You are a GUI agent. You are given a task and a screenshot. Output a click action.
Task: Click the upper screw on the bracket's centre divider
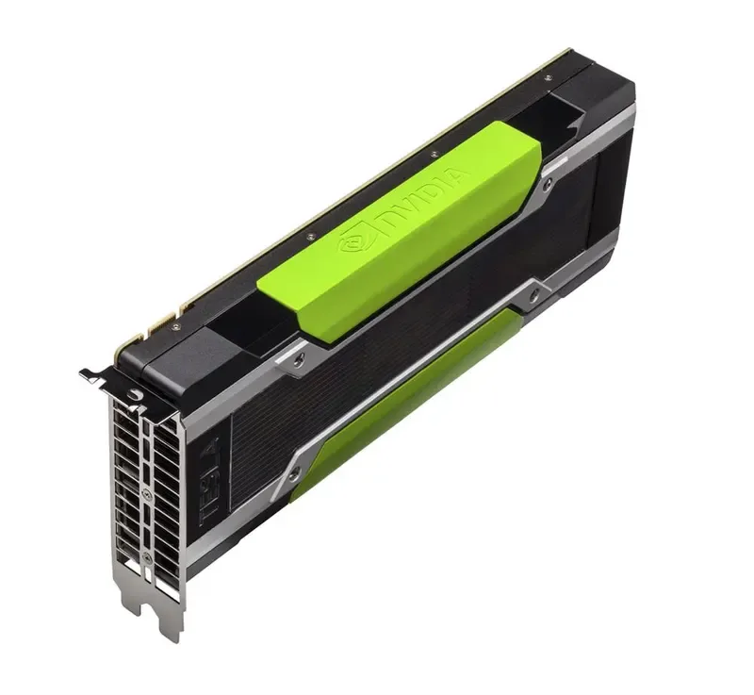click(x=146, y=491)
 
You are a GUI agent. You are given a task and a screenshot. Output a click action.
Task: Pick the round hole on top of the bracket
click(x=133, y=394)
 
